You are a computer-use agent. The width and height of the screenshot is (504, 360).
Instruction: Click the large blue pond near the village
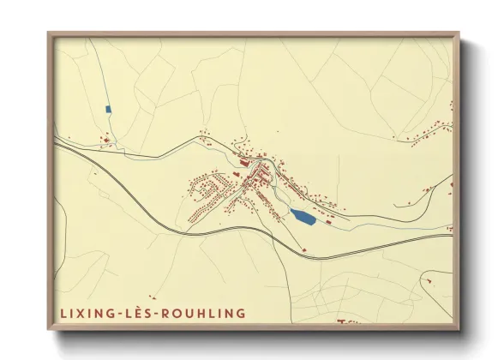[302, 218]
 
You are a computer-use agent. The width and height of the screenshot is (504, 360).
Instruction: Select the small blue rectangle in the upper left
[108, 109]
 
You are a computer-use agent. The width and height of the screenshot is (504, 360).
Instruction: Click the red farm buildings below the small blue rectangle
[105, 139]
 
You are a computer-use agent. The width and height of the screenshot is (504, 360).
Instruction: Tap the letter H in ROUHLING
[203, 313]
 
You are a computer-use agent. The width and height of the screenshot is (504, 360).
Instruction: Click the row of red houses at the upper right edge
[429, 133]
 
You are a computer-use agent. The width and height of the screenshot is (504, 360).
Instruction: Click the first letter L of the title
[63, 313]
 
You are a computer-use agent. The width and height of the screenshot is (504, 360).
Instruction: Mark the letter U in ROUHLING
[192, 313]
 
